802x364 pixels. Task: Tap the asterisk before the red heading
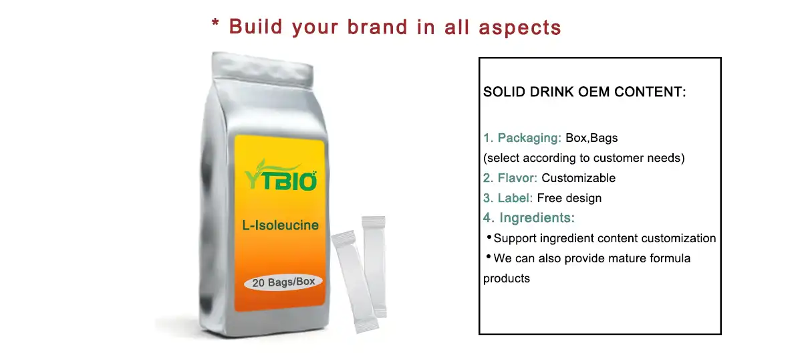pos(215,24)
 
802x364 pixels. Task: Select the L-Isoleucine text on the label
pos(280,225)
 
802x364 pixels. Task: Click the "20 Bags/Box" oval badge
pos(283,282)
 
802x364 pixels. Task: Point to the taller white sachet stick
pos(374,264)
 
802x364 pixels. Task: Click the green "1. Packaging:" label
pos(523,139)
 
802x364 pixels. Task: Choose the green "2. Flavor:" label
pos(511,178)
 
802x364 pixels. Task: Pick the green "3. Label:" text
pos(508,198)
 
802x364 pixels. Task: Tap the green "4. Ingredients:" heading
pos(529,218)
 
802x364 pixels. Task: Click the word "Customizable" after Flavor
pos(578,178)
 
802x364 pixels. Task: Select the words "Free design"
pos(569,198)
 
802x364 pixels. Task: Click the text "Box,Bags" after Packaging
pos(591,139)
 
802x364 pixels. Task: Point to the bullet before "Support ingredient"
pos(489,238)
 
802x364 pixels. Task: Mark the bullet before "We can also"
pos(489,258)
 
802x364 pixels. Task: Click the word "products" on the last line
pos(507,278)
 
